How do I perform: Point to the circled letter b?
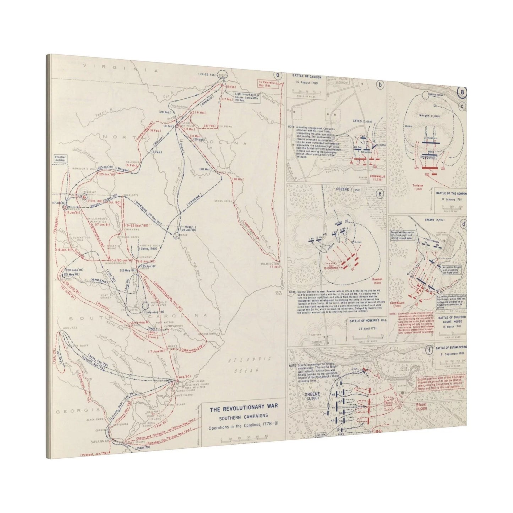pyautogui.click(x=380, y=85)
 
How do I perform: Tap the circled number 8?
pyautogui.click(x=462, y=92)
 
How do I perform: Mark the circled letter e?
pyautogui.click(x=380, y=194)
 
